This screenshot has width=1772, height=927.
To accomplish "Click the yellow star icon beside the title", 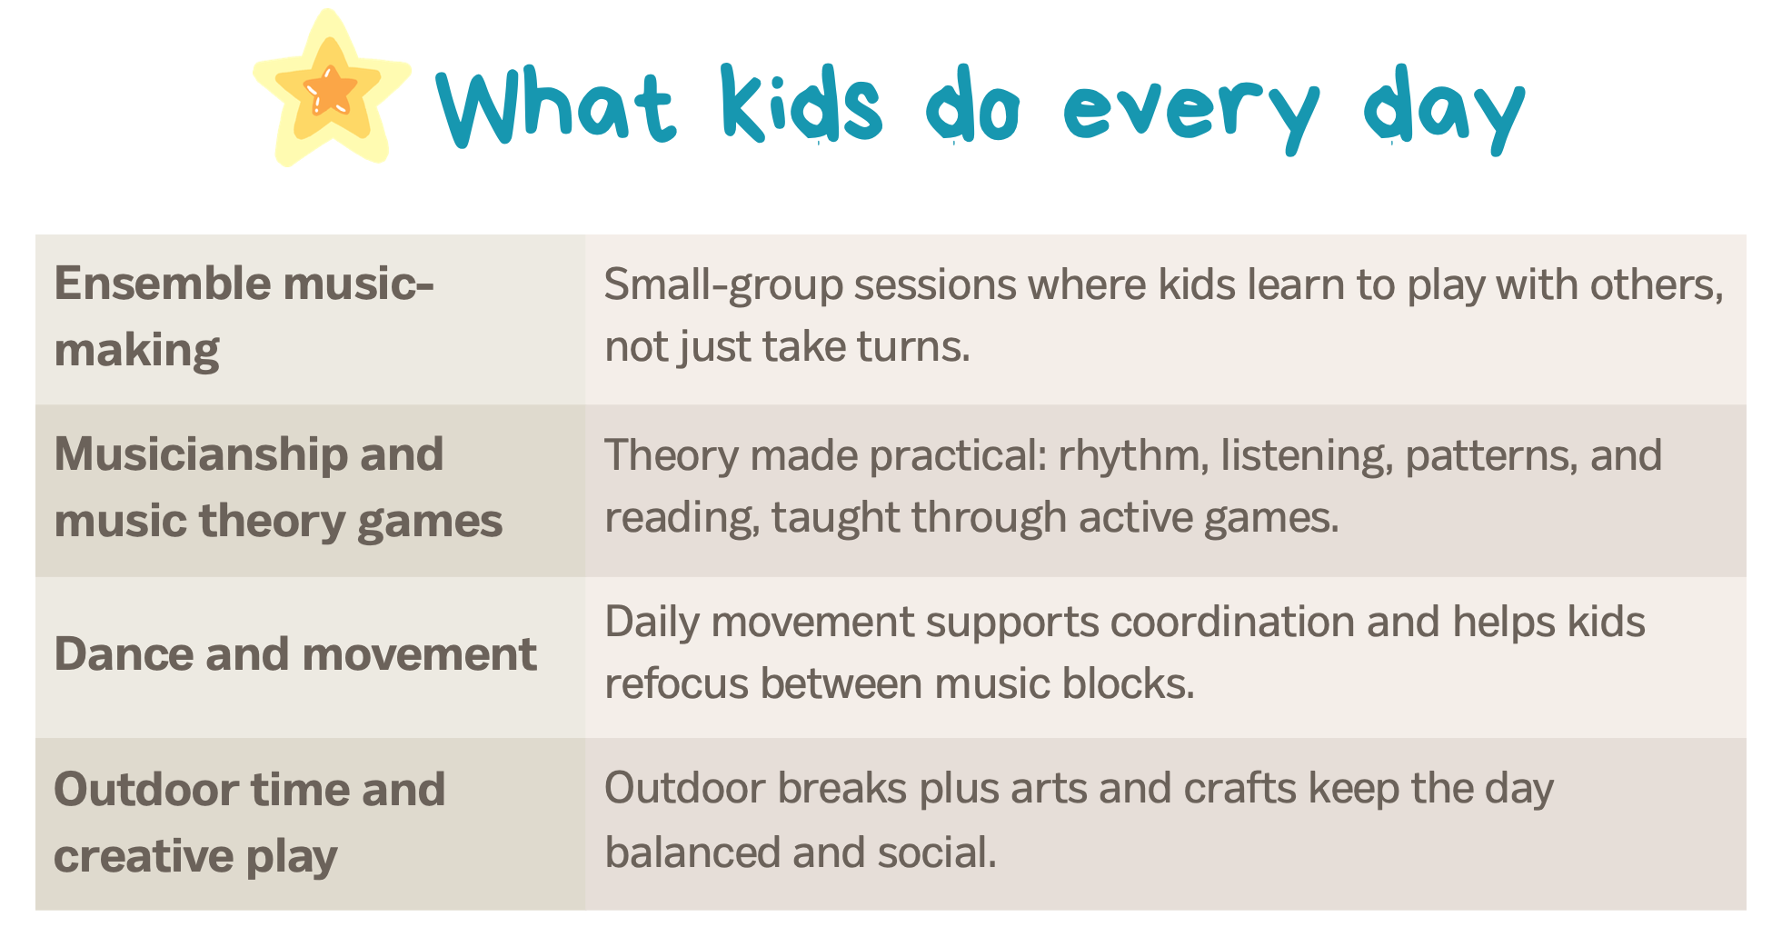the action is tap(331, 89).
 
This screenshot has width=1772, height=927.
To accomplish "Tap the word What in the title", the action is tap(556, 106).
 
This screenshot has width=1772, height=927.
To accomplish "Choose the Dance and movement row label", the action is tap(295, 654).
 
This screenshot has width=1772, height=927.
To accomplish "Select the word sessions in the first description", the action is tap(934, 284).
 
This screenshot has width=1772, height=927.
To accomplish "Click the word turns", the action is tap(914, 347).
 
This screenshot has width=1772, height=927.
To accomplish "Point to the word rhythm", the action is tap(1134, 455).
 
